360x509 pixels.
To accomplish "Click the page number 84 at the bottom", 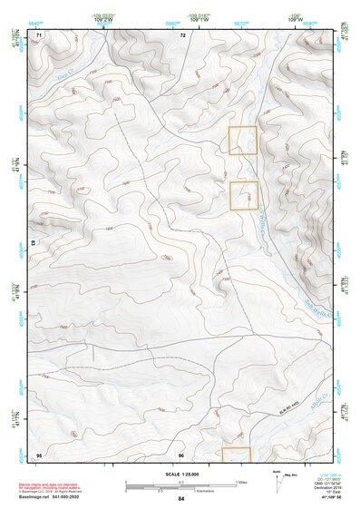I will (181, 499).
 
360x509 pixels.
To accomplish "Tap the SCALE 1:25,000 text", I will (181, 474).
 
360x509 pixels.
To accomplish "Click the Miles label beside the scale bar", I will (239, 481).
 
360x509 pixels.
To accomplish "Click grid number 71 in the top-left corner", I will (39, 34).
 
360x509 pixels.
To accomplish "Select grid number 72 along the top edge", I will (182, 34).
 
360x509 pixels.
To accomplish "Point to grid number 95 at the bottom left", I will (39, 454).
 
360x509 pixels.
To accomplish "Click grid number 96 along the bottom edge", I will (181, 454).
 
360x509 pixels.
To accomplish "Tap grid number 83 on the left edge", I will (34, 243).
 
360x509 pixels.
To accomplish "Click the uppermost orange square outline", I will (243, 140).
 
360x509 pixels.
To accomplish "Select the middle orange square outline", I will (244, 195).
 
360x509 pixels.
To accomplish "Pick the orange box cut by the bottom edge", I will (236, 453).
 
